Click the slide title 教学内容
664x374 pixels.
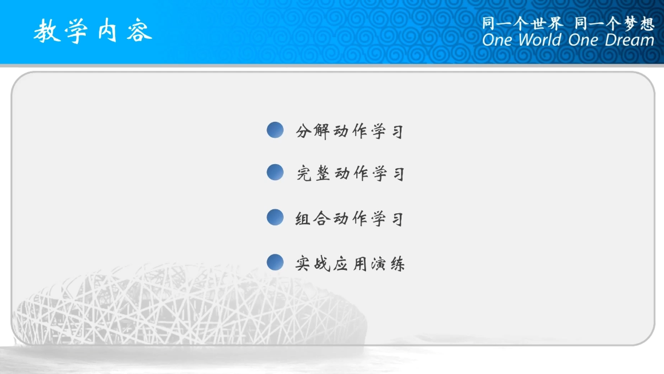[93, 31]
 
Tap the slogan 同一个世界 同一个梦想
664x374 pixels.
[568, 23]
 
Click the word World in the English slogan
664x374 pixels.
[540, 40]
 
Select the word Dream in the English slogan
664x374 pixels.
[629, 40]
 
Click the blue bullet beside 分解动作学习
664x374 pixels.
[275, 130]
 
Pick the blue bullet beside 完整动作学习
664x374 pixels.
[275, 172]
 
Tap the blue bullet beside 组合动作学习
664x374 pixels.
[275, 217]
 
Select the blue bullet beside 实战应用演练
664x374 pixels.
[275, 262]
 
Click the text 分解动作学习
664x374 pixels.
[350, 132]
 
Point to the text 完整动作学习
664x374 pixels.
[351, 174]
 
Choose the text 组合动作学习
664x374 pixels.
[350, 218]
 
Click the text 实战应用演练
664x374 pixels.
[350, 264]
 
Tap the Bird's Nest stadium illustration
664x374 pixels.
[188, 305]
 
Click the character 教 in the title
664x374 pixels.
[47, 31]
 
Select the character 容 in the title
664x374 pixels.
[140, 31]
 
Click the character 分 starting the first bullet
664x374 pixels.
[303, 132]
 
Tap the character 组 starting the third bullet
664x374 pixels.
[303, 218]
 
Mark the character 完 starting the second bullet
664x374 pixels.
[304, 174]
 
